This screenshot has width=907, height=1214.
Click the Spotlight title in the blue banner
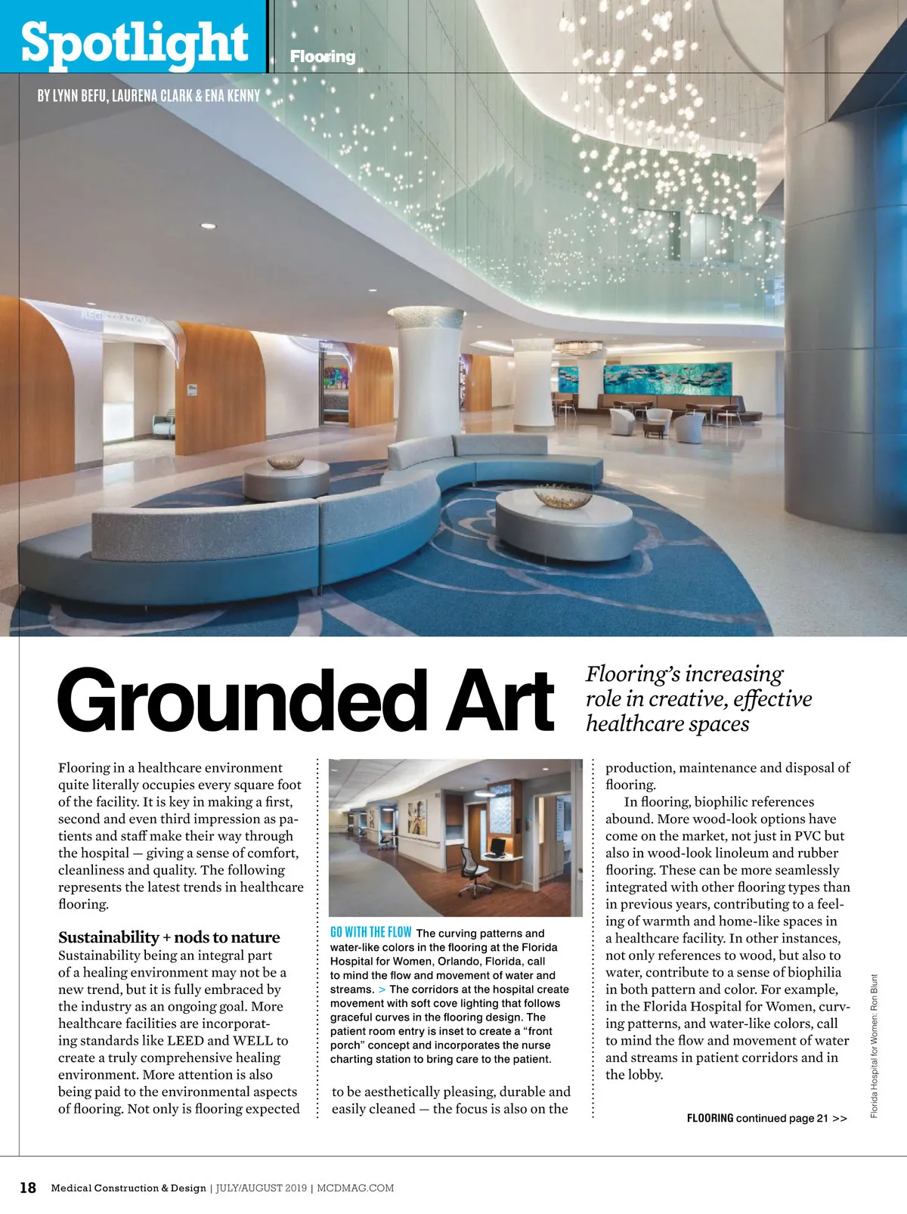[x=135, y=42]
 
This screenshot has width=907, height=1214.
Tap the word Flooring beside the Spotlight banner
[x=323, y=57]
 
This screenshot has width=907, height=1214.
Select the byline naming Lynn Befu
[x=148, y=96]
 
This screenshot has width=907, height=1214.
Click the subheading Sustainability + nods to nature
[x=169, y=937]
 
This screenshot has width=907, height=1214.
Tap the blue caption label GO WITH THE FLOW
[x=370, y=933]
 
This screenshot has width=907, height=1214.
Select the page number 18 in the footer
[x=27, y=1188]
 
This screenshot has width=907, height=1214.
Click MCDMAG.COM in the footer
[x=355, y=1188]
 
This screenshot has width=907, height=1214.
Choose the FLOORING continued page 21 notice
[x=766, y=1118]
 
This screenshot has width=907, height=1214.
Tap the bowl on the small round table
[x=286, y=461]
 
